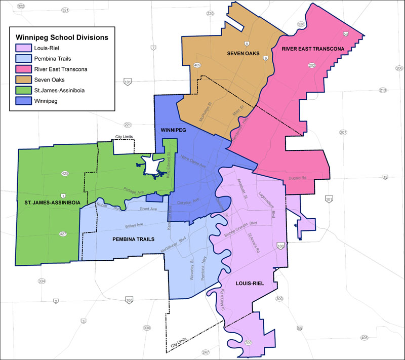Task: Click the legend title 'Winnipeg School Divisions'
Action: tap(62, 37)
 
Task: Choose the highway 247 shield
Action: tap(206, 352)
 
